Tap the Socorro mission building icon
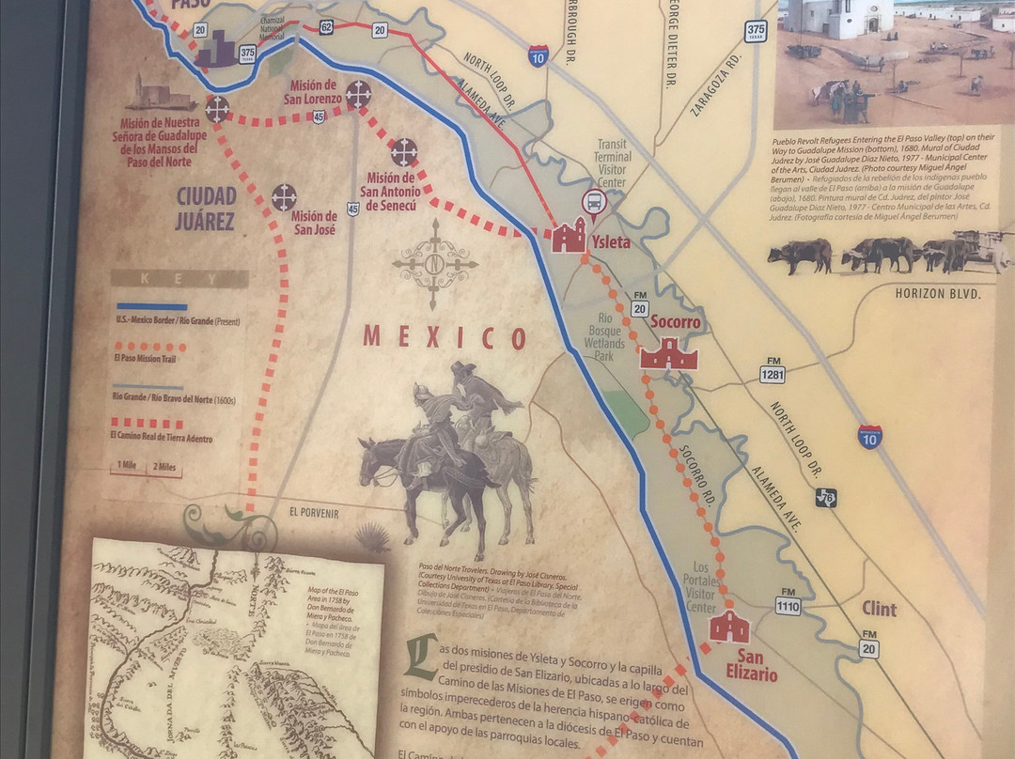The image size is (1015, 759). coord(668,353)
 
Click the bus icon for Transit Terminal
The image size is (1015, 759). coord(594,200)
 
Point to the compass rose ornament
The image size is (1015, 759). coord(434,264)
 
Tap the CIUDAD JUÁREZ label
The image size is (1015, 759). coord(204,209)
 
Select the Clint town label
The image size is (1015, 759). coord(879,609)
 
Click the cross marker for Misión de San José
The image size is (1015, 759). coord(284,197)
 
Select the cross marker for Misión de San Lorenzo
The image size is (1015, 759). coord(358,93)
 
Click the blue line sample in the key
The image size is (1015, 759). coord(151,306)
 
